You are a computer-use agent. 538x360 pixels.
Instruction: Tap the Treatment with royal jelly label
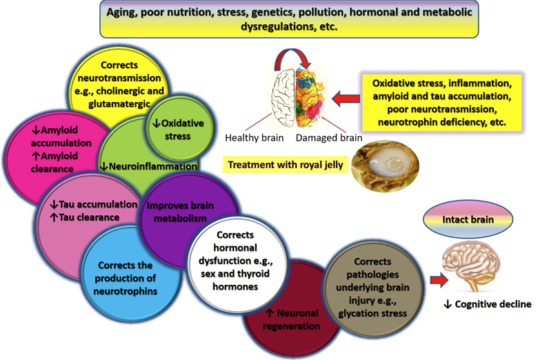click(283, 166)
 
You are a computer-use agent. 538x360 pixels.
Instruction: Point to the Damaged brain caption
click(328, 138)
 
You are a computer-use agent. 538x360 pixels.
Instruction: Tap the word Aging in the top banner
click(124, 13)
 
